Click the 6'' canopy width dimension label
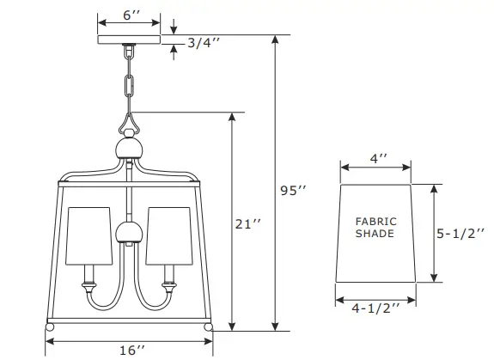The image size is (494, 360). point(129,16)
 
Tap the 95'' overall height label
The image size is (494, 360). point(294,190)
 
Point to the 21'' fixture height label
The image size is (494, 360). point(247,224)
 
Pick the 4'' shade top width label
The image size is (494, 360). point(378,159)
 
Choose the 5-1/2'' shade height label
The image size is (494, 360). point(462,233)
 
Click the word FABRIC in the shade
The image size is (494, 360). point(375,222)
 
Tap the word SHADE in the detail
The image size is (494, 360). point(375,234)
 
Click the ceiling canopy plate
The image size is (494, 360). point(129,40)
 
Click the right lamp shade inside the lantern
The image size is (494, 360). point(167,235)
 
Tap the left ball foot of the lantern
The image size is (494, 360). point(50,328)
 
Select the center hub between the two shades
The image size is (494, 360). point(127,232)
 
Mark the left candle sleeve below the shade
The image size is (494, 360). point(86,277)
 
